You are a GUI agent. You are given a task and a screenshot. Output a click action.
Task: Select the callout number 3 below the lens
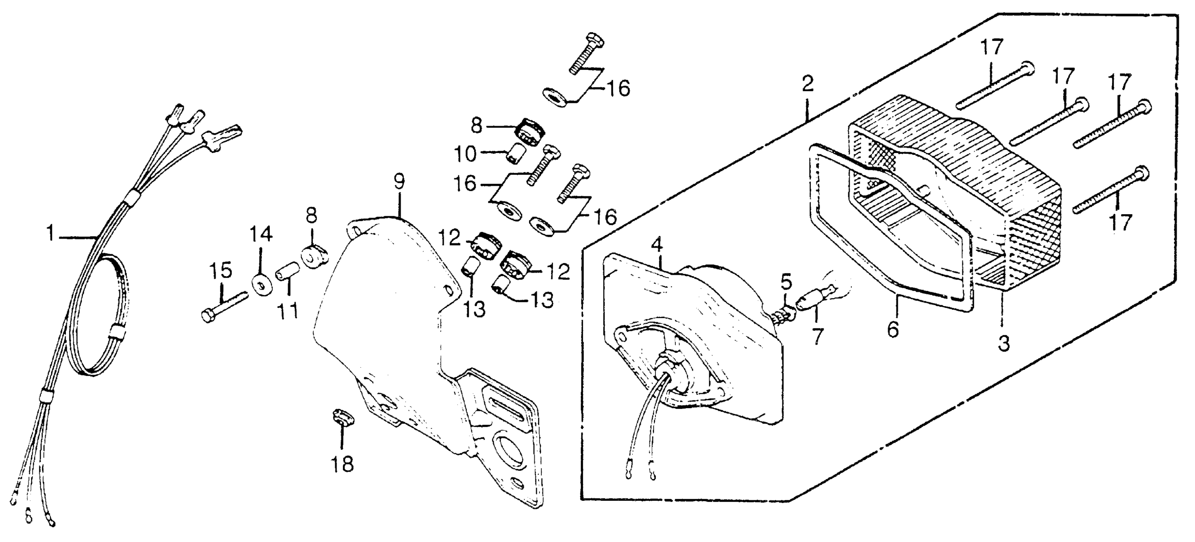tap(1003, 344)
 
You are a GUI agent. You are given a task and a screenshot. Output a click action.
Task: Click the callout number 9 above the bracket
tap(399, 181)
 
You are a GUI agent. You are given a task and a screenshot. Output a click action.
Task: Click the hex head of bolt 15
tap(208, 316)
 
